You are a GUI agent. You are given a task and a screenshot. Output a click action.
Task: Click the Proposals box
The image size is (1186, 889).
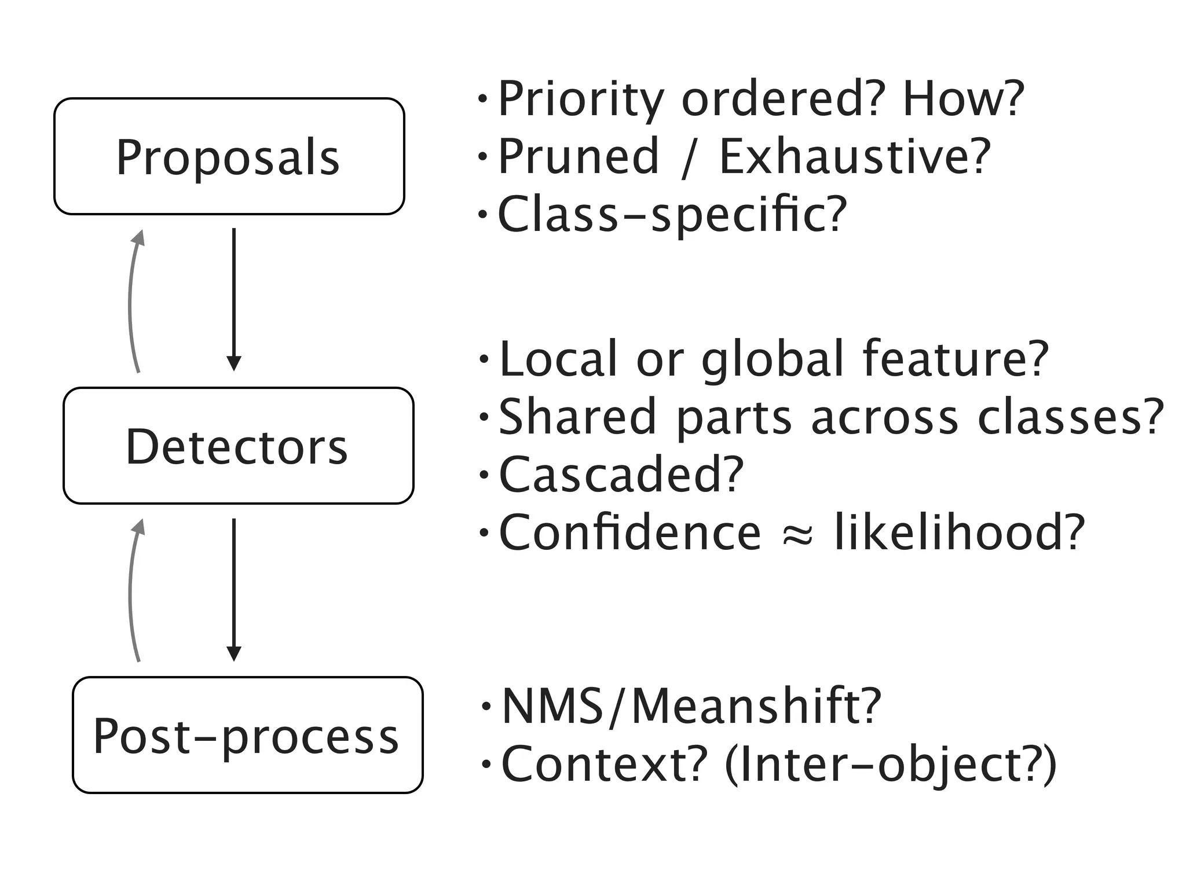229,156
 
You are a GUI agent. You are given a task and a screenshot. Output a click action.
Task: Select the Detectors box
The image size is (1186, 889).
238,446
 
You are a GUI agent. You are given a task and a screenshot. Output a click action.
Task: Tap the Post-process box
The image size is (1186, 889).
247,735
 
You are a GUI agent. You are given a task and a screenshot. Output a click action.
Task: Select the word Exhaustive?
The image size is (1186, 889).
855,156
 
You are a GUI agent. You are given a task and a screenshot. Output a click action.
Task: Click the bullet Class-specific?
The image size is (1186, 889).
672,215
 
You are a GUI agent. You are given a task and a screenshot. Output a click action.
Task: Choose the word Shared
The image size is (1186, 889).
577,417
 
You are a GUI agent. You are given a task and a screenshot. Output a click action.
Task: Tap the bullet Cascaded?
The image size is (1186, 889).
620,475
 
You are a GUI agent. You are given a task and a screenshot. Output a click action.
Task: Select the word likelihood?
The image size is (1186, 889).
959,532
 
